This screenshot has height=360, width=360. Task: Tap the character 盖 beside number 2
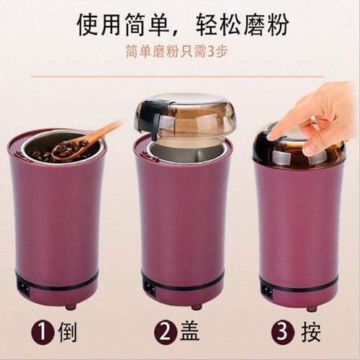[x=192, y=333]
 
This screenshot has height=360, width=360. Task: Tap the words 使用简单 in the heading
[x=120, y=24]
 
